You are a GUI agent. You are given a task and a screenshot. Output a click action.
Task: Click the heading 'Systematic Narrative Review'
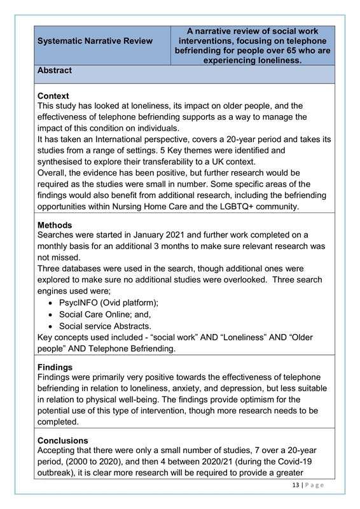pos(95,41)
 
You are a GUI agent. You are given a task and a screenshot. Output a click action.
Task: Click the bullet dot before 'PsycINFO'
pos(52,297)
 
